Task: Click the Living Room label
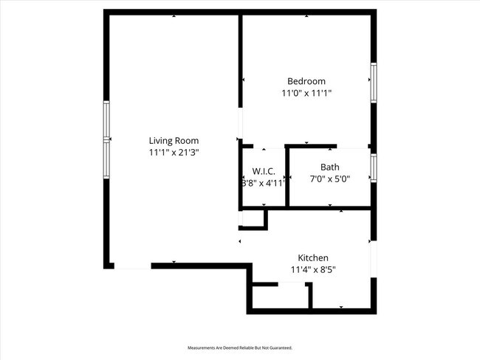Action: tap(174, 140)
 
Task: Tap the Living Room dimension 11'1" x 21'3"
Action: tap(174, 152)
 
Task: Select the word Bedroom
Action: tap(306, 81)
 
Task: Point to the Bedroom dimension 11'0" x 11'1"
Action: tap(306, 93)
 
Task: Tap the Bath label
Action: tap(329, 167)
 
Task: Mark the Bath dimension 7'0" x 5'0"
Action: tap(329, 179)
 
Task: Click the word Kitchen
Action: tap(312, 257)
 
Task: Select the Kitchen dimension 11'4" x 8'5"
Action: tap(312, 269)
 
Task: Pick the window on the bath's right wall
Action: tap(374, 167)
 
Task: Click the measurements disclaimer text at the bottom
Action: tap(240, 347)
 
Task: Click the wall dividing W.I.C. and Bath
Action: tap(287, 177)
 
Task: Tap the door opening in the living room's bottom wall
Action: tap(133, 266)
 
